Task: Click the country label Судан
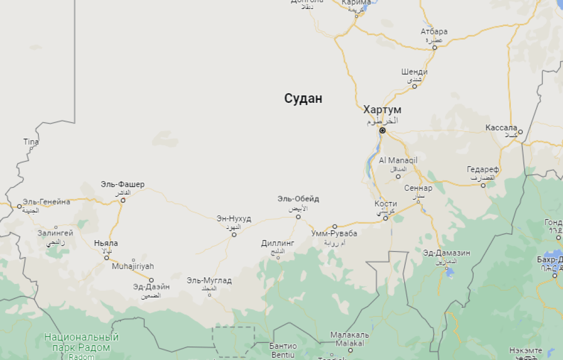coord(303,98)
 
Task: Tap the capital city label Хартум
coord(382,110)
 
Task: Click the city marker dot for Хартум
coord(382,130)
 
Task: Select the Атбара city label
coord(434,32)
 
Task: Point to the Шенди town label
coord(414,72)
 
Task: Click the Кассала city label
coord(501,128)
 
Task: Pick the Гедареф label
coord(483,170)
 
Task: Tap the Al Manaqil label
coord(398,160)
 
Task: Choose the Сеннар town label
coord(418,188)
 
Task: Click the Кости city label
coord(386,204)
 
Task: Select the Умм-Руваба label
coord(334,234)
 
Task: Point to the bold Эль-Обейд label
coord(298,199)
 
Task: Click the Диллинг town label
coord(278,243)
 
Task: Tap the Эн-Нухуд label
coord(234,219)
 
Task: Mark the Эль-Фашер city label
coord(123,185)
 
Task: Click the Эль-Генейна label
coord(47,202)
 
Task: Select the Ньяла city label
coord(106,243)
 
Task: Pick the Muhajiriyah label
coord(133,266)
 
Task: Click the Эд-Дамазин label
coord(447,253)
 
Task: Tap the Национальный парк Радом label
coord(81,342)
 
